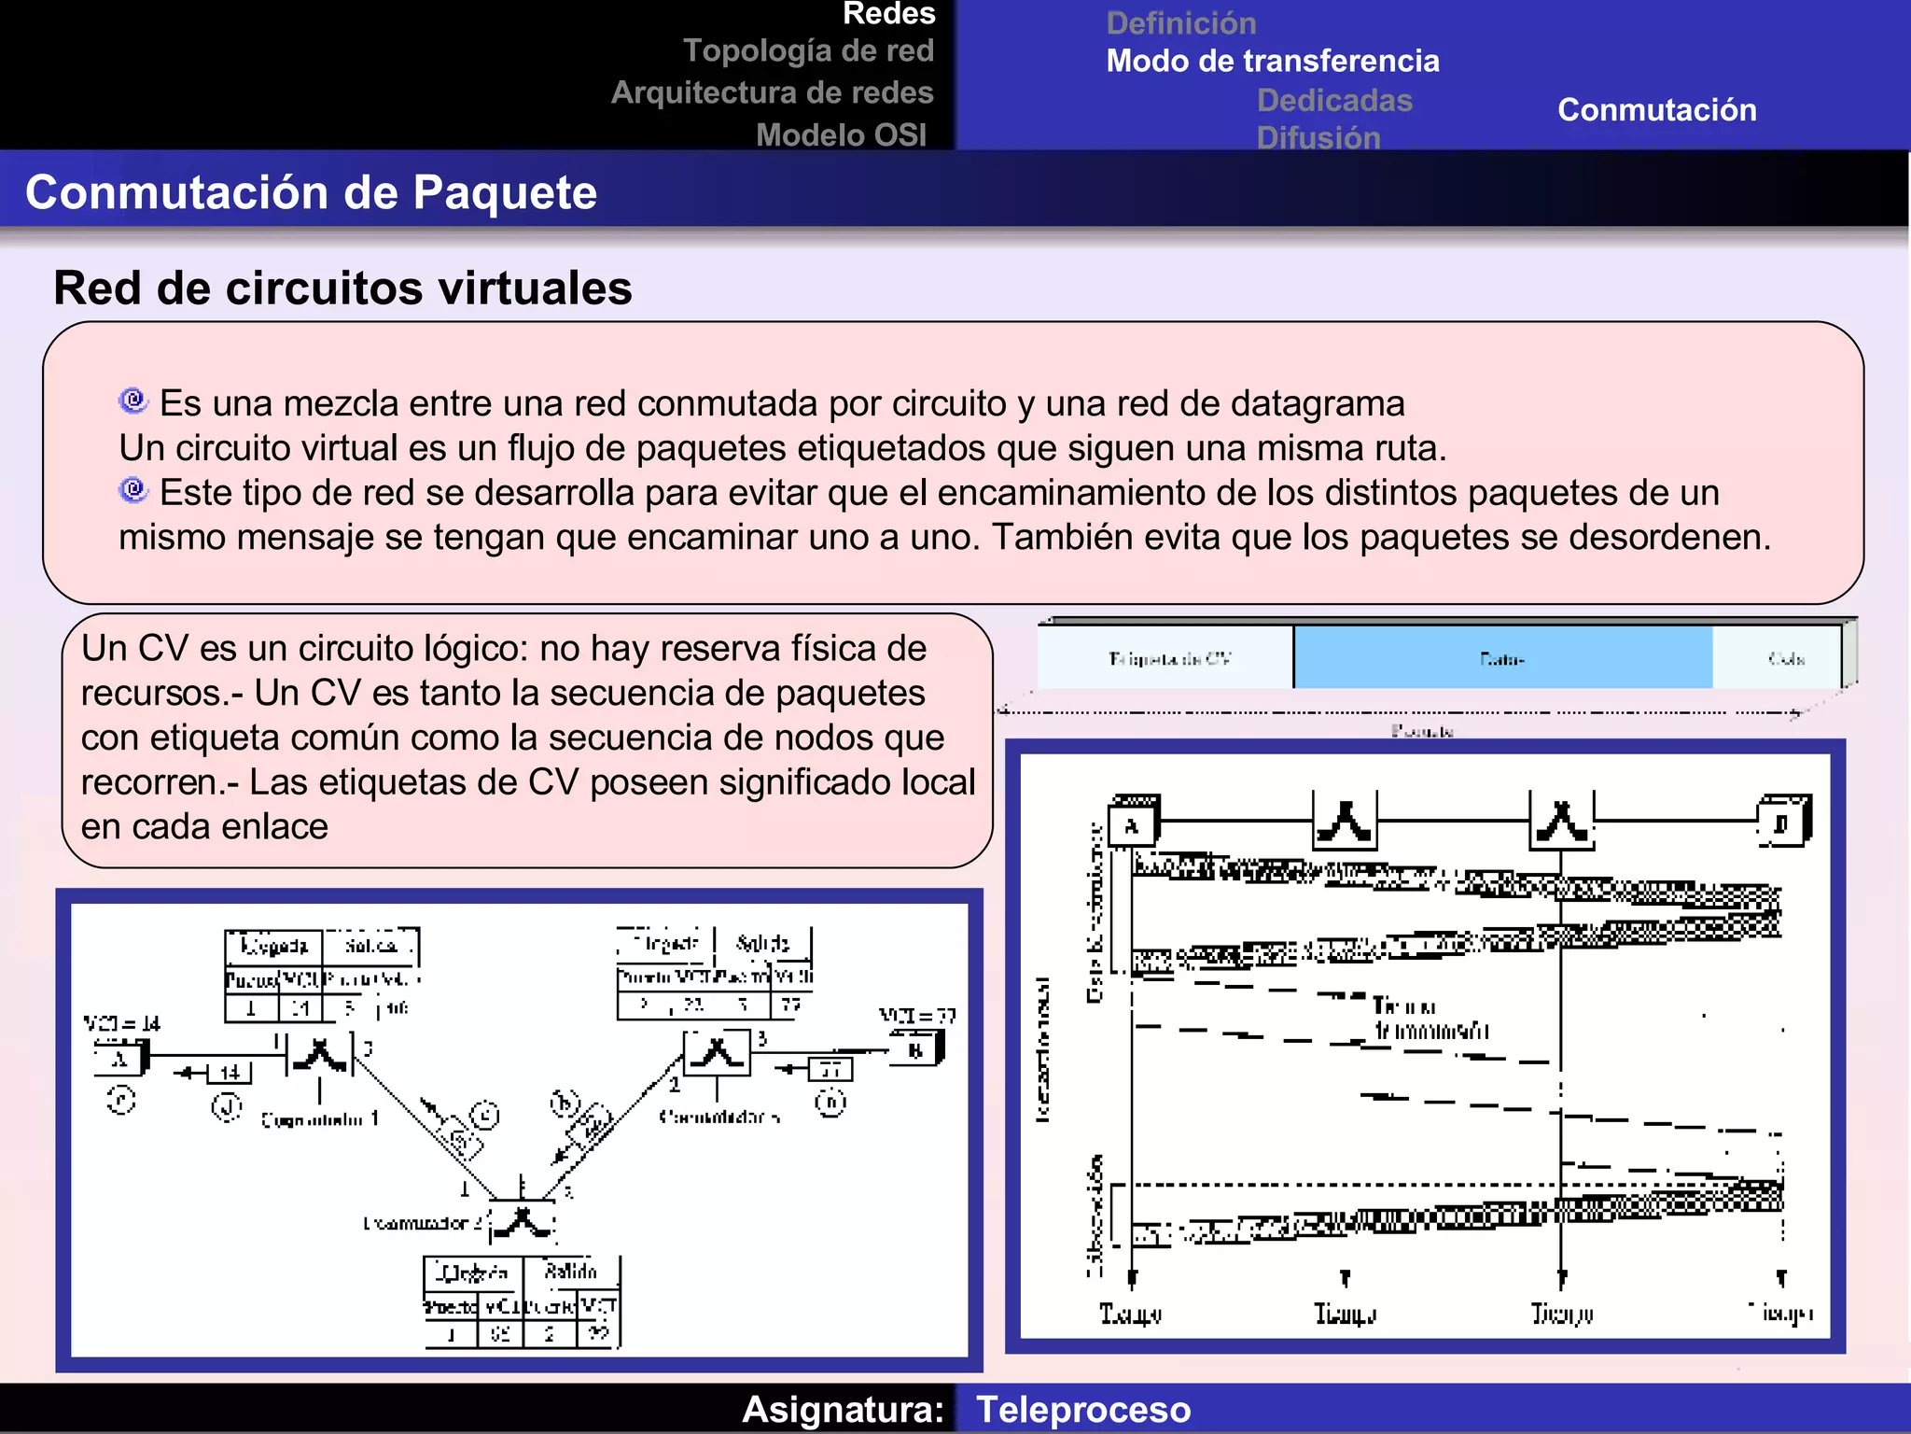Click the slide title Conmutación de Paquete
[x=311, y=192]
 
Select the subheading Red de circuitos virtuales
[x=342, y=288]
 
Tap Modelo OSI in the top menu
[x=841, y=135]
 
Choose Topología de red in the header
[x=808, y=50]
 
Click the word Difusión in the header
[x=1318, y=137]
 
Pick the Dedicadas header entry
[x=1333, y=100]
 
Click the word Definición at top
[x=1180, y=22]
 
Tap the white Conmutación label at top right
[x=1656, y=110]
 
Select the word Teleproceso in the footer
[x=1082, y=1409]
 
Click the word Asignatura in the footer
[x=843, y=1409]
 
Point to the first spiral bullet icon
[x=133, y=401]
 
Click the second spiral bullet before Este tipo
[x=133, y=489]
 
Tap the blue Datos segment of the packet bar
[x=1501, y=659]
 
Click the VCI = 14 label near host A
[x=121, y=1023]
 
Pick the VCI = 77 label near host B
[x=916, y=1016]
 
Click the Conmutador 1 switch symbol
[x=319, y=1054]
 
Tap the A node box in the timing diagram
[x=1133, y=825]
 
